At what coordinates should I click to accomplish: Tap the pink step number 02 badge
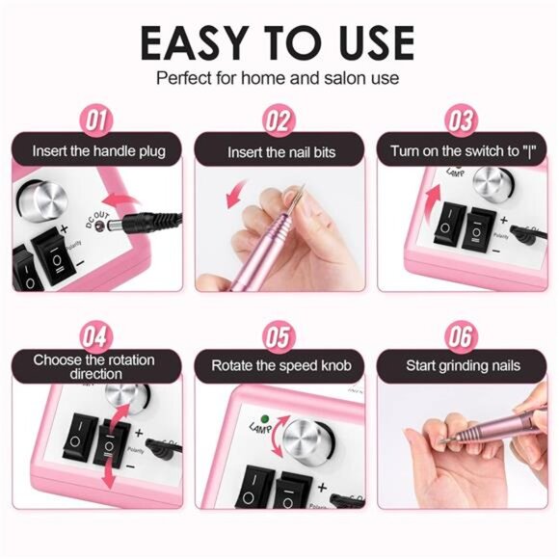[x=279, y=120]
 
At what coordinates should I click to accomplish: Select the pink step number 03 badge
[x=462, y=120]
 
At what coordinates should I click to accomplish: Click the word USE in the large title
[x=365, y=43]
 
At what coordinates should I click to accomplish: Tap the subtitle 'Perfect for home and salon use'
[x=279, y=78]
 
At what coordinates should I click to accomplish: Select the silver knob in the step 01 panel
[x=47, y=201]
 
